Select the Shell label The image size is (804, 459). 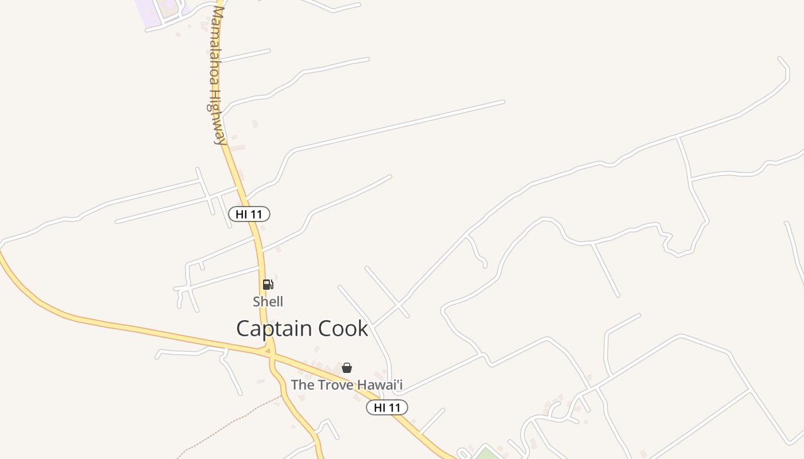click(x=268, y=301)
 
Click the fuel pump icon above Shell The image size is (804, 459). click(x=268, y=285)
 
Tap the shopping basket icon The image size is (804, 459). click(x=347, y=368)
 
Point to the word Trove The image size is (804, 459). click(x=335, y=384)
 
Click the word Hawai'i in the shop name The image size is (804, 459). click(x=380, y=384)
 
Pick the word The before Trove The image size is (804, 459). click(x=302, y=384)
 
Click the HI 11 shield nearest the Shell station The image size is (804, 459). click(x=249, y=214)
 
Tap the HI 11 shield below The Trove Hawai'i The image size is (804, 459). click(x=386, y=407)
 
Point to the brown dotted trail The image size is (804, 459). click(x=230, y=422)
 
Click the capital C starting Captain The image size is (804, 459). click(x=243, y=329)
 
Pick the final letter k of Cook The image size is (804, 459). click(x=362, y=329)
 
